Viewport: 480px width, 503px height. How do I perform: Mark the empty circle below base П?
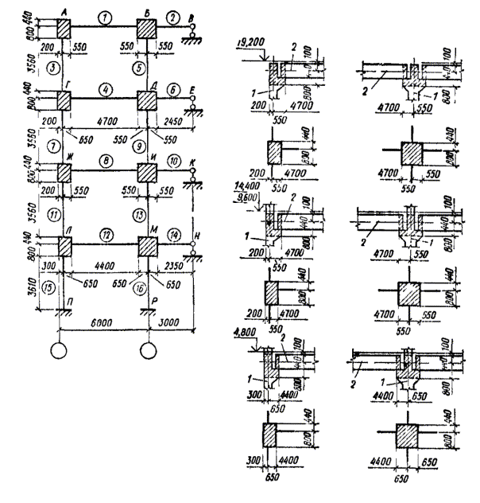tap(59, 350)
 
